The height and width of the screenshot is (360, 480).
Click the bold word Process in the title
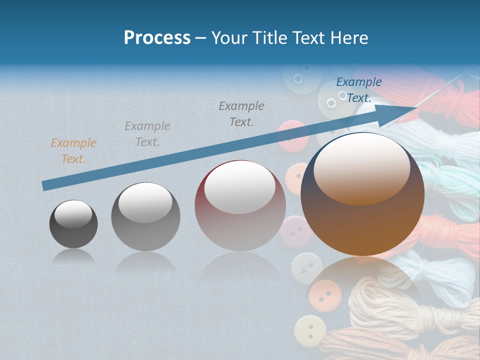(157, 38)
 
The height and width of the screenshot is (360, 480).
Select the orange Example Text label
(73, 151)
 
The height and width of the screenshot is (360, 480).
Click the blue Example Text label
(358, 90)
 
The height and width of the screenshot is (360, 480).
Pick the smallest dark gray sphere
(73, 224)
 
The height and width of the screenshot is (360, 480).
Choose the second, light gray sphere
(145, 216)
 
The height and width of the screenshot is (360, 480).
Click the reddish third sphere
(240, 205)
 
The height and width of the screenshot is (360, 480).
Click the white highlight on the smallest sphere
(73, 213)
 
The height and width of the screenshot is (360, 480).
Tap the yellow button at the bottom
(310, 331)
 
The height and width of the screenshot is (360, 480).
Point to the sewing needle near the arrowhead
(440, 90)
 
